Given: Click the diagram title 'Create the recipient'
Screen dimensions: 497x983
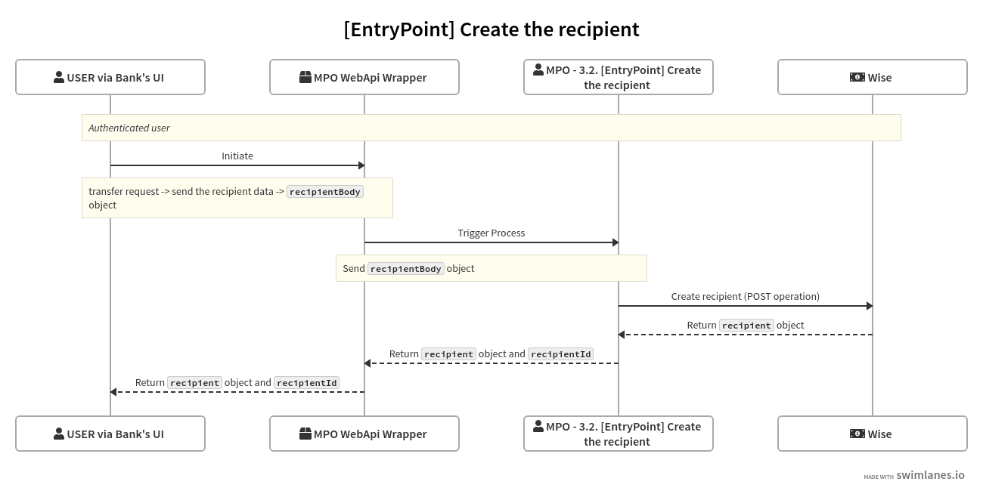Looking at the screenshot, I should click(491, 29).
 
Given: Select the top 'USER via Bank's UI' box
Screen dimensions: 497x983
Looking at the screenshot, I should click(110, 77).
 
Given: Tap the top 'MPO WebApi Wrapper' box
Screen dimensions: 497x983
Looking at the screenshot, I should click(364, 77).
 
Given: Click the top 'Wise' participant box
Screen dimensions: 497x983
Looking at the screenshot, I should click(873, 77).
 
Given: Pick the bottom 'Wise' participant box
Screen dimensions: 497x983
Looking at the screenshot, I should click(873, 434).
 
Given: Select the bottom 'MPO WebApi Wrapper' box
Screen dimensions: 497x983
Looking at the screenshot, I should click(364, 434).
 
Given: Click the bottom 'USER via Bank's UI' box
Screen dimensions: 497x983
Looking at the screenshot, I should click(110, 434).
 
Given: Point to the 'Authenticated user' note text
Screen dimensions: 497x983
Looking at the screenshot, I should click(129, 128).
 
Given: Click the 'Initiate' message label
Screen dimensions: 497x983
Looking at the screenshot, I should click(237, 156).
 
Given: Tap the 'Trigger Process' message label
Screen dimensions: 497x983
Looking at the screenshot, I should click(491, 233).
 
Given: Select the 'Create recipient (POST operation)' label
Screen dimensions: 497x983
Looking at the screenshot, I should click(746, 296).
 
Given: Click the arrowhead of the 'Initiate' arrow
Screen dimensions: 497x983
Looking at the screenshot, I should click(361, 165).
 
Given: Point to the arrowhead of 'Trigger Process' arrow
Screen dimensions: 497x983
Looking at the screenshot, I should click(616, 242).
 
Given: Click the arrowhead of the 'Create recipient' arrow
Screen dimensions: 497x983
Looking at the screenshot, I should click(870, 306).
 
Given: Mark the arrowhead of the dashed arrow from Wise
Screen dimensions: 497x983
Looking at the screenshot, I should click(622, 335).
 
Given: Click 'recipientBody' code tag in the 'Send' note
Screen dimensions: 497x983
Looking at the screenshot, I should click(406, 269).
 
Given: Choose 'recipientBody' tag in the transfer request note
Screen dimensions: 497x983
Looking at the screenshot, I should click(325, 192).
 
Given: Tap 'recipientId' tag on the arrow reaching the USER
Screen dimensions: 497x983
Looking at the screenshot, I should click(306, 383).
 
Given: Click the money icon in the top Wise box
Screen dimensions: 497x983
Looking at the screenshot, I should click(857, 77).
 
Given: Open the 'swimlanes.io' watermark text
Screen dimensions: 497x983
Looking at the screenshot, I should click(930, 475).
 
